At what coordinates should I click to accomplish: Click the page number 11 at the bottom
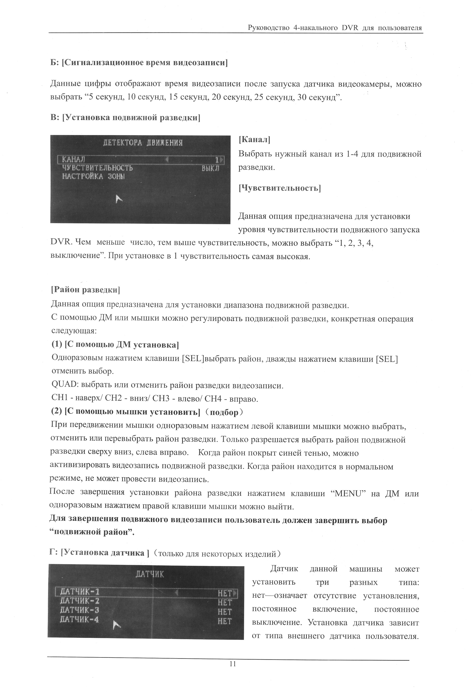(233, 664)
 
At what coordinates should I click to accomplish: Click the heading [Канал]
(254, 140)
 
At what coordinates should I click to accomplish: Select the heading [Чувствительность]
(280, 188)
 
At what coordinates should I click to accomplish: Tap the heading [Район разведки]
(86, 290)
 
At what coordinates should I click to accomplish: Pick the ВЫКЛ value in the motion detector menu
(210, 168)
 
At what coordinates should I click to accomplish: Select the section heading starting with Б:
(139, 63)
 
